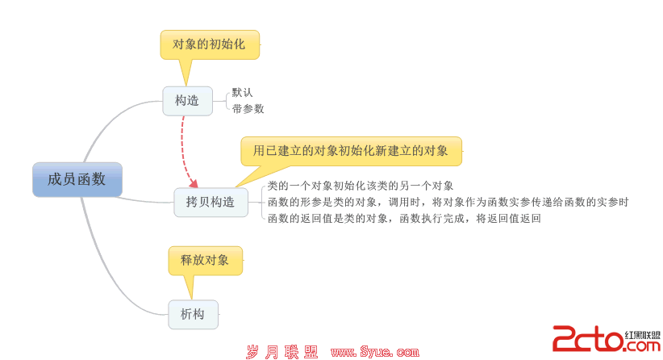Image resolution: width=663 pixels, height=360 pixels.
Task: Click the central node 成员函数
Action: pyautogui.click(x=77, y=179)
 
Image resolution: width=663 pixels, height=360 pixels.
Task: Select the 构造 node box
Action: pyautogui.click(x=187, y=101)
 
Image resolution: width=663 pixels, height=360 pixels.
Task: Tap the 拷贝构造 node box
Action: pyautogui.click(x=211, y=203)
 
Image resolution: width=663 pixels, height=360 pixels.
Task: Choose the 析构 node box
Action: pyautogui.click(x=193, y=314)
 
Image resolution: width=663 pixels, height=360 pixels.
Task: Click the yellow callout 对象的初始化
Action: pyautogui.click(x=210, y=44)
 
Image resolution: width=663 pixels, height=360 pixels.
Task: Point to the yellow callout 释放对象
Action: pyautogui.click(x=205, y=261)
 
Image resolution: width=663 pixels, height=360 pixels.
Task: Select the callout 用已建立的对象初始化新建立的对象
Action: pyautogui.click(x=351, y=151)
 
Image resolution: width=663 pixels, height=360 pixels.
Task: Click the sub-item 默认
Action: pyautogui.click(x=242, y=93)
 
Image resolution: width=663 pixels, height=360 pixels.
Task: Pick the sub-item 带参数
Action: pyautogui.click(x=248, y=109)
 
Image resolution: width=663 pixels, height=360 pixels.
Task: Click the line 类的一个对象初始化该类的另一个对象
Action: pyautogui.click(x=361, y=186)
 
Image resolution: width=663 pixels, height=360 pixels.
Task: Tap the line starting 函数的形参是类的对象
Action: pyautogui.click(x=448, y=203)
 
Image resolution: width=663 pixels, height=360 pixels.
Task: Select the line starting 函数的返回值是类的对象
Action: pyautogui.click(x=404, y=218)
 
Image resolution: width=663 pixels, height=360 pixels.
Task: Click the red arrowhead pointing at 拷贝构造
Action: pyautogui.click(x=194, y=183)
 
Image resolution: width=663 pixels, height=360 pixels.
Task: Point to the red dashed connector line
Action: pyautogui.click(x=182, y=148)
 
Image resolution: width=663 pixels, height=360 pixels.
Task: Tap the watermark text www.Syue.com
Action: pyautogui.click(x=374, y=352)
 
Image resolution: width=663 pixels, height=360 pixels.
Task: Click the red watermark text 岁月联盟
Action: pyautogui.click(x=281, y=352)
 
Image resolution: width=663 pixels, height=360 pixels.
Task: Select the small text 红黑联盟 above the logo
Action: pyautogui.click(x=642, y=335)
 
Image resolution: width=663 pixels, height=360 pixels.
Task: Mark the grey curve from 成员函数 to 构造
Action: pyautogui.click(x=110, y=119)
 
